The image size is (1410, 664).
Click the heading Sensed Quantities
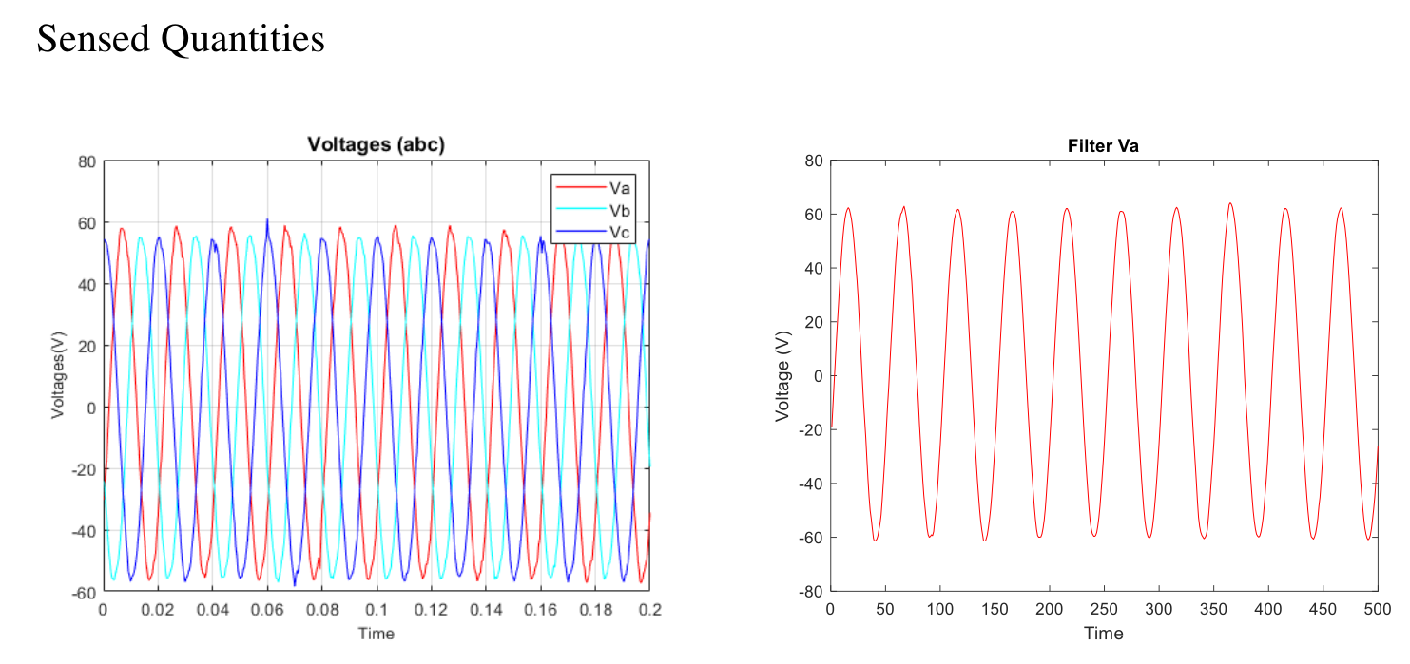pos(181,39)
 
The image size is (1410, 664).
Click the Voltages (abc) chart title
pos(376,144)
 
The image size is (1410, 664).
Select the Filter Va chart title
pos(1103,146)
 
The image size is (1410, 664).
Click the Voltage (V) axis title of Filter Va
pos(783,376)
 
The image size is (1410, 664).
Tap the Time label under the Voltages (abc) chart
pos(376,634)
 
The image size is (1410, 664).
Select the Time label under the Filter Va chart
pos(1103,633)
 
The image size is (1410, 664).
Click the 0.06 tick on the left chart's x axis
pos(267,608)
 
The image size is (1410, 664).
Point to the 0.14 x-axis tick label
pos(486,608)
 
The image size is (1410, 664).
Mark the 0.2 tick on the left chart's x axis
pos(649,608)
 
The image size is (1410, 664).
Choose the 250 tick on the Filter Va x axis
pos(1104,607)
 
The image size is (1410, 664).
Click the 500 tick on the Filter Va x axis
pos(1378,607)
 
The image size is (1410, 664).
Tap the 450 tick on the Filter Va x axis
pos(1323,607)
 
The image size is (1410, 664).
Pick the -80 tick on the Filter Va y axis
pos(811,591)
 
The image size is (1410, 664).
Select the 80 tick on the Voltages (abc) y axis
pos(87,161)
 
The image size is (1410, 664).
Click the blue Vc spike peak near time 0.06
pos(267,219)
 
